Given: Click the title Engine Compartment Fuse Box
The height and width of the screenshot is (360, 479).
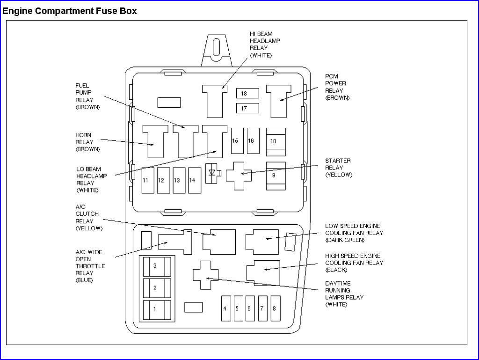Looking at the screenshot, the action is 69,11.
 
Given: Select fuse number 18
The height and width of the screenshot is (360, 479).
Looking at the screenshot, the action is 247,93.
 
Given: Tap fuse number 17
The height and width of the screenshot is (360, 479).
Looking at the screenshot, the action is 247,108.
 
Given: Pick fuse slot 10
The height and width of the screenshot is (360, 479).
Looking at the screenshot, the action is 276,142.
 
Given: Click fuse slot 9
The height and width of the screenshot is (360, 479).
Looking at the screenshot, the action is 276,176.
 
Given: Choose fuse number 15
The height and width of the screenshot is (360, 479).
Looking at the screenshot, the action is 237,141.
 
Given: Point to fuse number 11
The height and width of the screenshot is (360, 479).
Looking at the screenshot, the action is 148,180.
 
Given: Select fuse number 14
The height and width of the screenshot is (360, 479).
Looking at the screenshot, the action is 195,180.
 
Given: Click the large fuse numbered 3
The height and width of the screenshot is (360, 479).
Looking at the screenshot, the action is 157,267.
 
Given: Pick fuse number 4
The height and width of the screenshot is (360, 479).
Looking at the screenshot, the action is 226,309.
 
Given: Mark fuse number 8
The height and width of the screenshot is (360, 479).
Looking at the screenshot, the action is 276,309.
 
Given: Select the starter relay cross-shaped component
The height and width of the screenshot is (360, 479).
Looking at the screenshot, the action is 239,176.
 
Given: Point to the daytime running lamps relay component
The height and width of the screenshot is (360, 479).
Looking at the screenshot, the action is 206,275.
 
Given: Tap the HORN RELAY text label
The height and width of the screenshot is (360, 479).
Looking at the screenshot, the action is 87,142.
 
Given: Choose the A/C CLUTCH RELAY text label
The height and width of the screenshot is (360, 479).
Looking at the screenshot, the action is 89,218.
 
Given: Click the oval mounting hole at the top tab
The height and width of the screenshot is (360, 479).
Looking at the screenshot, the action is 216,47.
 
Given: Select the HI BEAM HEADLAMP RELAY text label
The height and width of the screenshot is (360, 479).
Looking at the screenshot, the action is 265,44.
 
